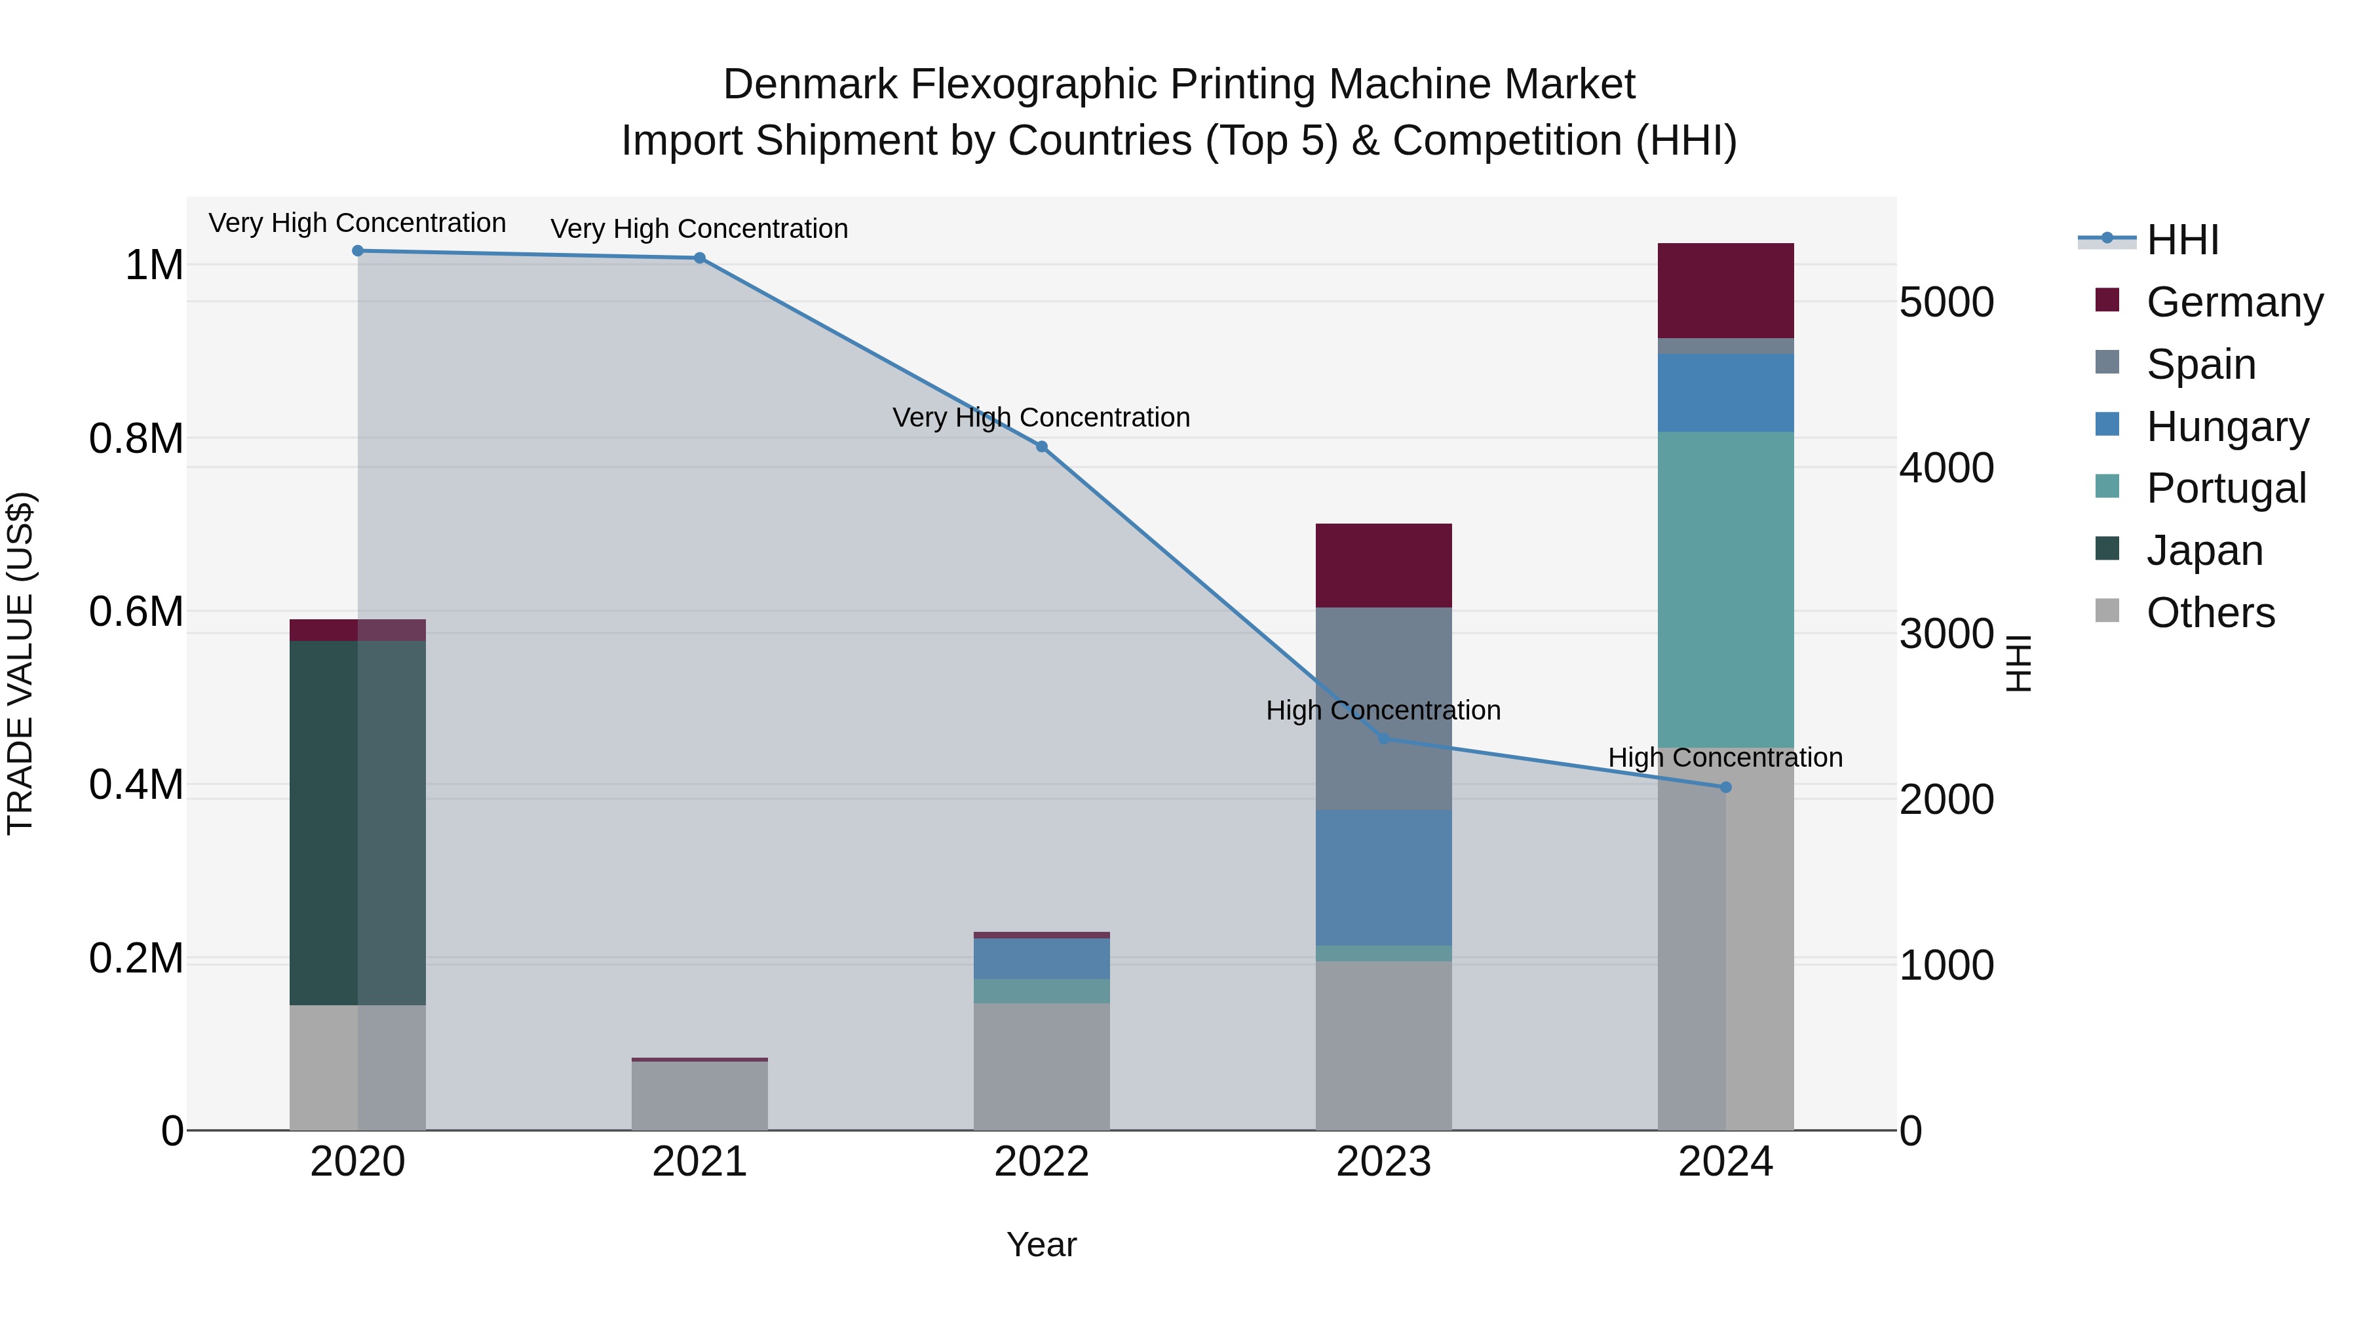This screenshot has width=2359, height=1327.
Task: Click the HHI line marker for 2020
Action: pyautogui.click(x=358, y=251)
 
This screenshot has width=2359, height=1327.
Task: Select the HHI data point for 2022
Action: pyautogui.click(x=1041, y=447)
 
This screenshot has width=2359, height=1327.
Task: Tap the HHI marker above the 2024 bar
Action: pyautogui.click(x=1725, y=788)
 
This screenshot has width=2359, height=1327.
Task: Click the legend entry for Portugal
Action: pyautogui.click(x=2225, y=488)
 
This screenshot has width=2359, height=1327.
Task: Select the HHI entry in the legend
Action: pyautogui.click(x=2182, y=240)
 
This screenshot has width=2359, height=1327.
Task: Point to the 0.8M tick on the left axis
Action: pyautogui.click(x=136, y=438)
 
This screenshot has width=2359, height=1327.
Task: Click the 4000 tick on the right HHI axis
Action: pyautogui.click(x=1946, y=468)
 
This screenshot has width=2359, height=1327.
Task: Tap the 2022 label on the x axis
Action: pyautogui.click(x=1041, y=1162)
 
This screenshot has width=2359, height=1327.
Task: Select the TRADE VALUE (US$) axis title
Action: pyautogui.click(x=20, y=663)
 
